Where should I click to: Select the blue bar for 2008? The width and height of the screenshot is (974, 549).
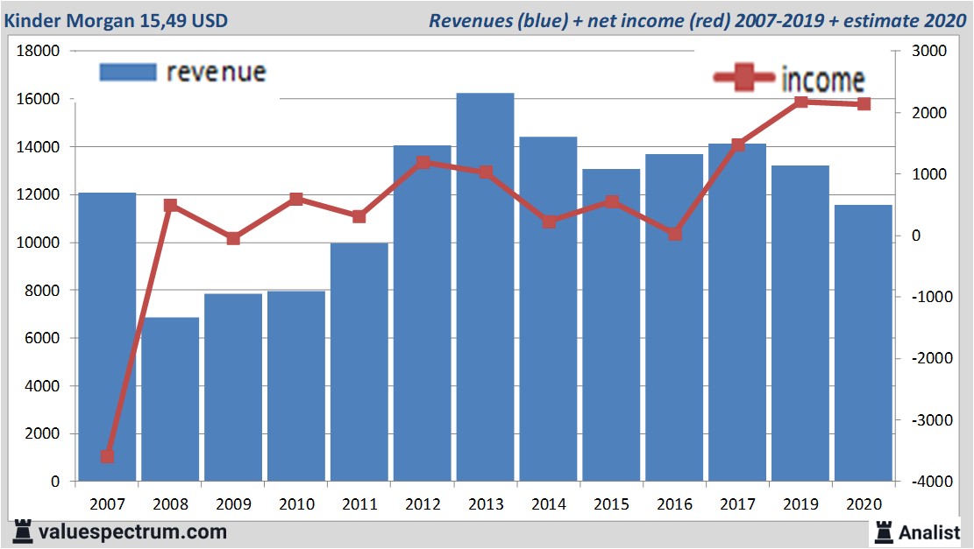click(170, 399)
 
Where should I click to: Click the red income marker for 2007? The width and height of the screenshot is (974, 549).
click(107, 456)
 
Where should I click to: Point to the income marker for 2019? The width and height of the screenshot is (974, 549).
click(800, 102)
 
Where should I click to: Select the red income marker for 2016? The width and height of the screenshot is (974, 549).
click(674, 234)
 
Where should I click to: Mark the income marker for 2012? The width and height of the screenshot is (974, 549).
click(423, 162)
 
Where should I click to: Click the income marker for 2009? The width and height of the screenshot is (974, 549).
click(233, 238)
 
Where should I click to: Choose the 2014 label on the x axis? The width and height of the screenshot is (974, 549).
click(549, 504)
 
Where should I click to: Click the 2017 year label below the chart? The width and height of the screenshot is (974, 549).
click(737, 504)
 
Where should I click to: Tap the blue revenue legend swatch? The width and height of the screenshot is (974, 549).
click(128, 72)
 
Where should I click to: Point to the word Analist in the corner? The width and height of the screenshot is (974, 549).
click(929, 531)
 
